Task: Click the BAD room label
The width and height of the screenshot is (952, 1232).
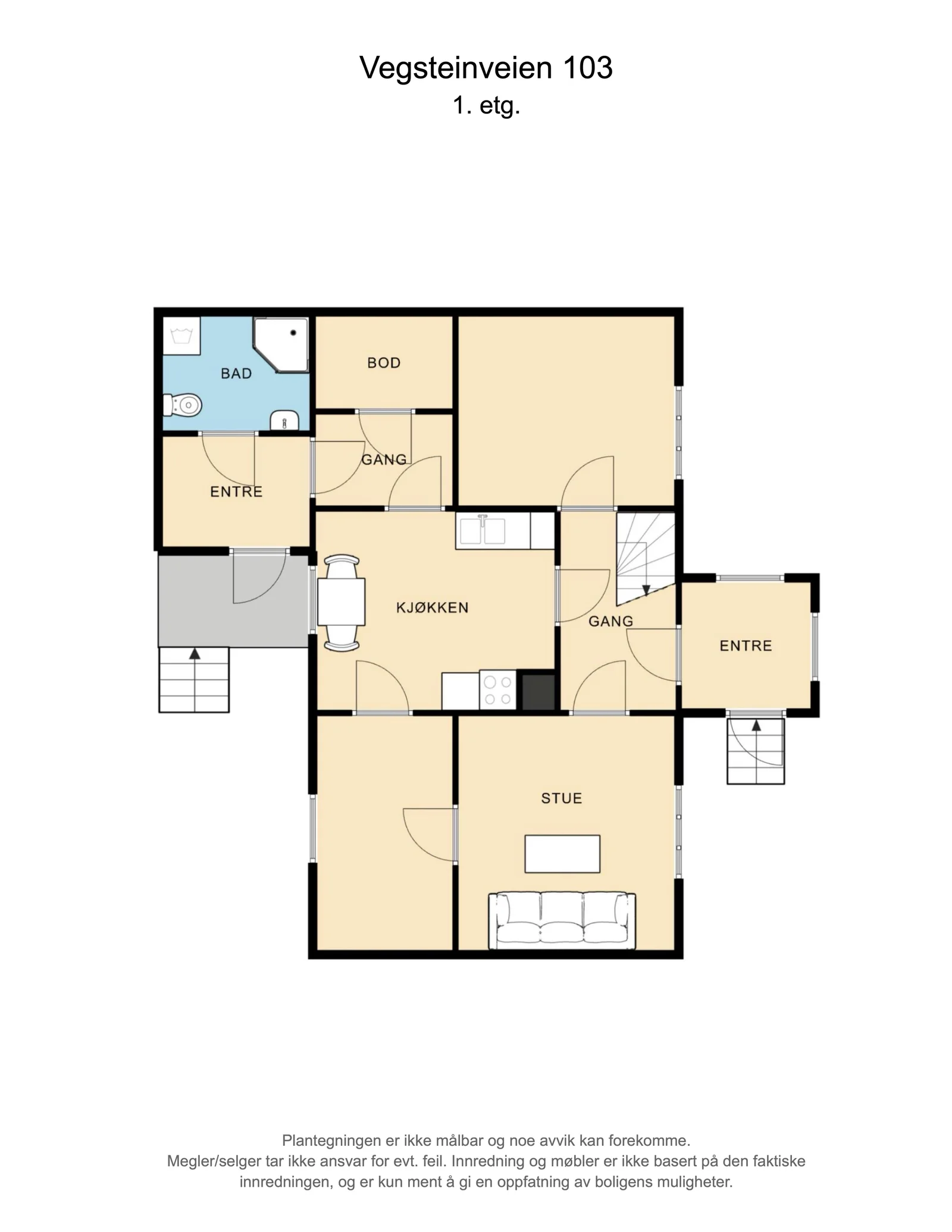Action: coord(236,374)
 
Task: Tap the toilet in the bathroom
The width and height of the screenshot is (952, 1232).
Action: coord(183,405)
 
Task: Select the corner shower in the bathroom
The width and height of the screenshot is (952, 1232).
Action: coord(281,346)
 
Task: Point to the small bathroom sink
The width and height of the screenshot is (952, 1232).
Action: coord(285,420)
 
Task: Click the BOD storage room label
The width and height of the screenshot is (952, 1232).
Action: coord(384,363)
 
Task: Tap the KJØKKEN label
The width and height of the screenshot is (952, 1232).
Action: coord(433,607)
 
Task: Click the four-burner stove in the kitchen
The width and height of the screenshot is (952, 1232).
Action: coord(499,691)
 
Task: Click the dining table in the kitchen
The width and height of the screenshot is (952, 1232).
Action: coord(342,602)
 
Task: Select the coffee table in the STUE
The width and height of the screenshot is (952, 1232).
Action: coord(562,854)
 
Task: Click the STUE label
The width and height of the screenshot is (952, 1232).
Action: coord(562,798)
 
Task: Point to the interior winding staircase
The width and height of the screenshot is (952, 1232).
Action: coord(646,557)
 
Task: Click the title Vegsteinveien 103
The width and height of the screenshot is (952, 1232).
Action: coord(486,68)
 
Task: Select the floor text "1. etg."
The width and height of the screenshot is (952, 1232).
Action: coord(486,106)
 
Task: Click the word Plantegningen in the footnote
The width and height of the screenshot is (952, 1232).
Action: coord(331,1140)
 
